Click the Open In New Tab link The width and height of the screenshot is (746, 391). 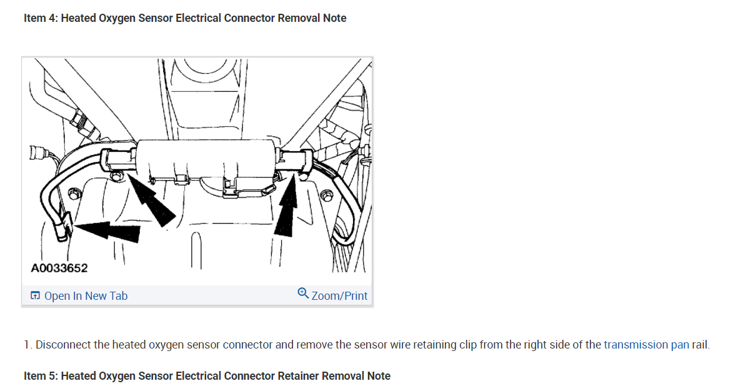86,296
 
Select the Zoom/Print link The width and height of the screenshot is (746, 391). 339,296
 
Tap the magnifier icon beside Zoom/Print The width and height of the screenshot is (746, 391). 303,293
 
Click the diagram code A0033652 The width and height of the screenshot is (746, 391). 59,268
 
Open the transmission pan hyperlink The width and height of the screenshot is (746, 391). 646,345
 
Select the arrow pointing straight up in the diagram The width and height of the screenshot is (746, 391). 286,209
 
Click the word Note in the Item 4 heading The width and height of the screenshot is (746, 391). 334,18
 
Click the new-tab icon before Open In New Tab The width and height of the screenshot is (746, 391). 35,296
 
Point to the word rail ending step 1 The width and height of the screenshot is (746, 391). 700,345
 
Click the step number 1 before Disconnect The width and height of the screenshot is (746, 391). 27,345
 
